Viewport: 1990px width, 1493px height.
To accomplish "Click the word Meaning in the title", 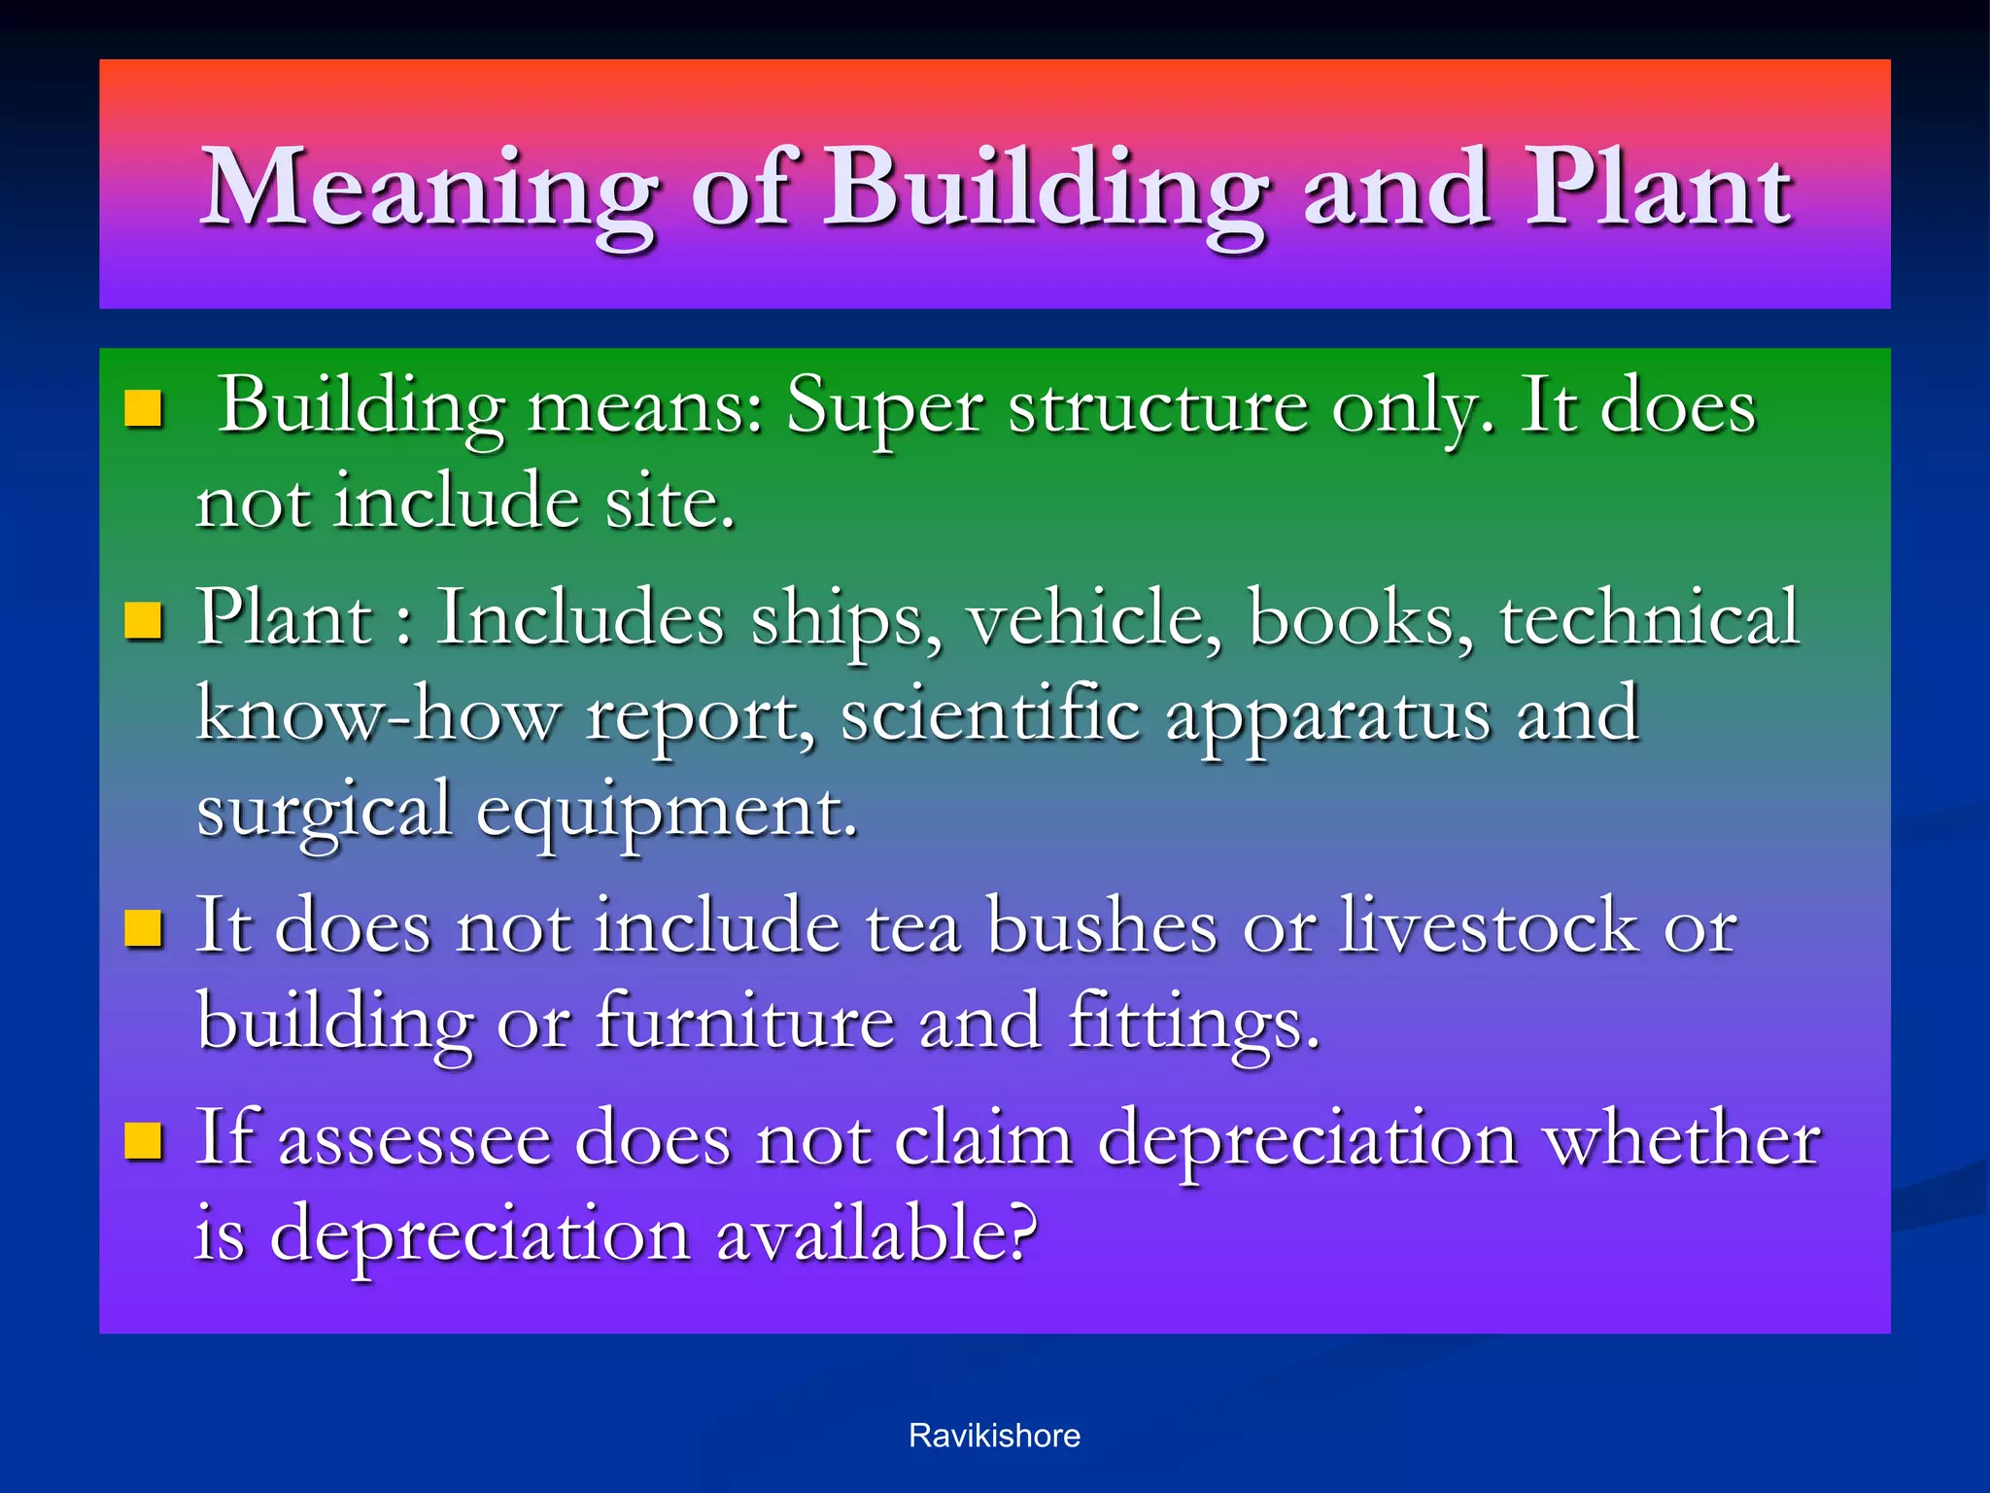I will (428, 190).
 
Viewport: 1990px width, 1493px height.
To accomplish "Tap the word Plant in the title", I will (1658, 190).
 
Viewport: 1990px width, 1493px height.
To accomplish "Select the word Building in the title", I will (1046, 190).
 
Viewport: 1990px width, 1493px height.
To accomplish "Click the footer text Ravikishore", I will (994, 1436).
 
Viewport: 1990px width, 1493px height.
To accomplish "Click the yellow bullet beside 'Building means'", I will (143, 409).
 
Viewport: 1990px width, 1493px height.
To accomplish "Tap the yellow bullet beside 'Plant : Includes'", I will (143, 620).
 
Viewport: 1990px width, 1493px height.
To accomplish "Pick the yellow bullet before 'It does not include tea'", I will (143, 928).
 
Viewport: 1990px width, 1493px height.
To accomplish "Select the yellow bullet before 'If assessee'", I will (143, 1141).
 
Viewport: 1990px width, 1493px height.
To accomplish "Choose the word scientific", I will (990, 714).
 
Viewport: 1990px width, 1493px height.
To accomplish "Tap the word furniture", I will (744, 1023).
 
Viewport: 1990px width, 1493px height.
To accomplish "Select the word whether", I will (1682, 1139).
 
